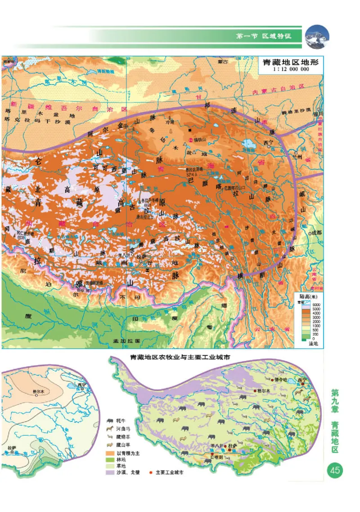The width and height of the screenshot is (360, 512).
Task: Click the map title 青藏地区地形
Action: point(291,63)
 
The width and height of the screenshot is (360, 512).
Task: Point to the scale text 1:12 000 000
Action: point(291,70)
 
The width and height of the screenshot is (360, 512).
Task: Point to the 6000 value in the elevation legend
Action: point(315,305)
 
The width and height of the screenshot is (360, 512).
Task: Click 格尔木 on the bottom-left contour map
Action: point(39,391)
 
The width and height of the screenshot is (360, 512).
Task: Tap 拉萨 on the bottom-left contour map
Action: point(12,448)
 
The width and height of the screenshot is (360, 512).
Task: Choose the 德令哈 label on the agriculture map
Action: point(280,380)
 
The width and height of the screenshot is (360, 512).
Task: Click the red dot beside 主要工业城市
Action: point(152,473)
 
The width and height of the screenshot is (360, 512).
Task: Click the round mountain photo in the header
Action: point(317,36)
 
